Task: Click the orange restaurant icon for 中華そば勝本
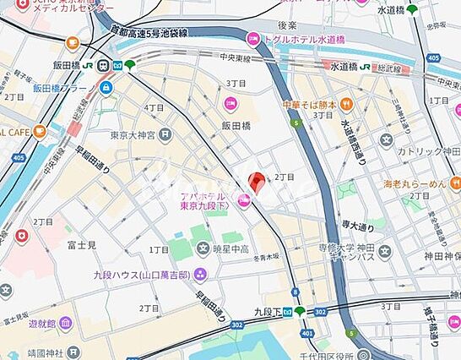coord(346,105)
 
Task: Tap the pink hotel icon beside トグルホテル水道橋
coord(252,38)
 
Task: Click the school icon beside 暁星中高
coord(203,249)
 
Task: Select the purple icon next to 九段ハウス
coord(199,273)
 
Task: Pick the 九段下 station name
coord(268,311)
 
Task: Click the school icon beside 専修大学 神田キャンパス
coord(385,251)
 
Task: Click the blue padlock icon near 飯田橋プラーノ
coord(106,87)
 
